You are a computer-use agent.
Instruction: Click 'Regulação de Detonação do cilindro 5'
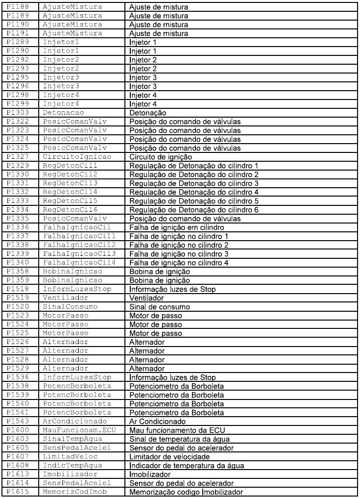[194, 201]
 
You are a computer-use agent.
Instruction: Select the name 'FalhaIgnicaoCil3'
[75, 254]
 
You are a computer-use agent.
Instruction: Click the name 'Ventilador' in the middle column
[63, 298]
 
